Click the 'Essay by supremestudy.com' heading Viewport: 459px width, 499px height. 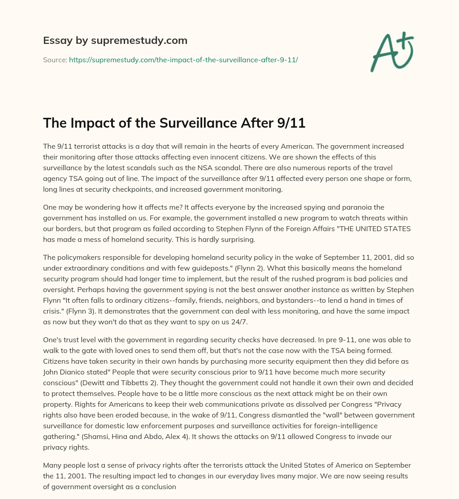pyautogui.click(x=115, y=41)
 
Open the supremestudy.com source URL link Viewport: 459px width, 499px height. pyautogui.click(x=183, y=60)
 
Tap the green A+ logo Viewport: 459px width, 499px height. pyautogui.click(x=391, y=52)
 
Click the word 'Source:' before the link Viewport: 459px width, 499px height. pyautogui.click(x=55, y=60)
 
